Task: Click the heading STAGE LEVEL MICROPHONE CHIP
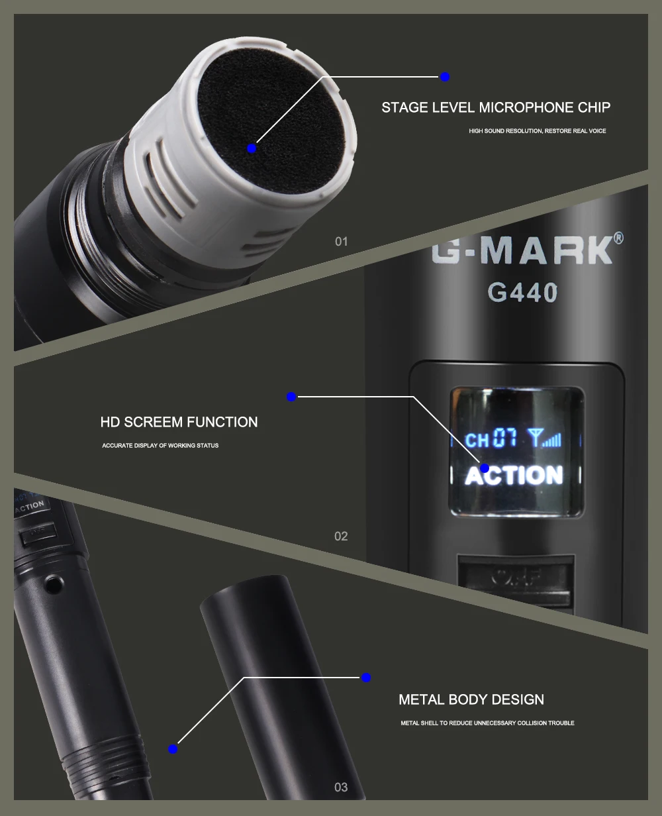coord(496,108)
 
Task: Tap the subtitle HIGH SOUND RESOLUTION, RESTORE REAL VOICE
coord(537,131)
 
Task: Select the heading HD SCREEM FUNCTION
coord(179,422)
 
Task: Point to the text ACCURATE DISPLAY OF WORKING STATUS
coord(160,446)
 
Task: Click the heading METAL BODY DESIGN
coord(471,699)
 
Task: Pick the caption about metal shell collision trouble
coord(487,723)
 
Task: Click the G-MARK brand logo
coord(522,250)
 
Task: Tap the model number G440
coord(522,292)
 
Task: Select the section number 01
coord(341,242)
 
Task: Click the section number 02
coord(341,536)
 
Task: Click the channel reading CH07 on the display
coord(491,438)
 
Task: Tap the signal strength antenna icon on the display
coord(544,438)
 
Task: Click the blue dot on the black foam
coord(252,148)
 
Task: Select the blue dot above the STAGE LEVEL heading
coord(444,77)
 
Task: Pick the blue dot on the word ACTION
coord(485,468)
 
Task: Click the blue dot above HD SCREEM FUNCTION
coord(291,397)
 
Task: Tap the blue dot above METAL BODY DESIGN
coord(366,678)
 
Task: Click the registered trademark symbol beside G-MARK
coord(618,238)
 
